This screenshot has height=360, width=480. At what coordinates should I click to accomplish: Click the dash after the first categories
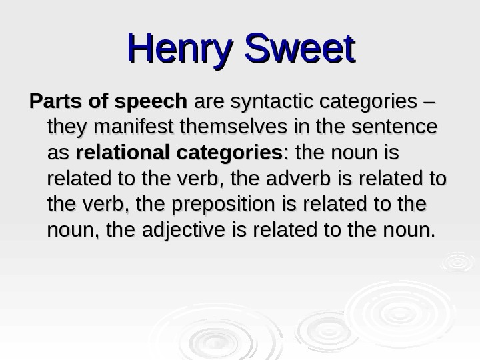click(x=427, y=102)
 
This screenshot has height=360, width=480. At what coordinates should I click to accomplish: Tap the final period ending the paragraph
click(x=432, y=236)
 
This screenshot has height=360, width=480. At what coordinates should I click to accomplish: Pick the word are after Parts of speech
click(x=209, y=103)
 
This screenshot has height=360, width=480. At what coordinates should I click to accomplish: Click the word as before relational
click(x=58, y=155)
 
